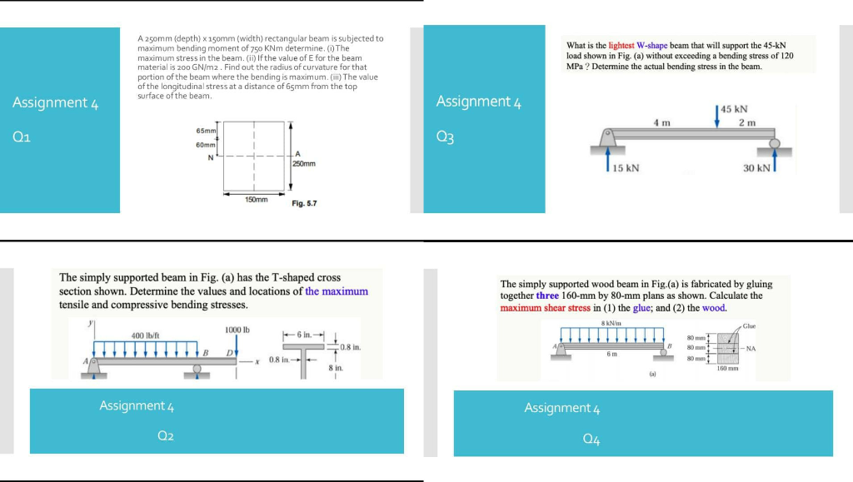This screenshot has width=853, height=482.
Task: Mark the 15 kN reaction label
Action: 626,168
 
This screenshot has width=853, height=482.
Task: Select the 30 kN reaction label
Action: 758,168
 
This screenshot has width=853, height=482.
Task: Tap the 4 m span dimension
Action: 662,123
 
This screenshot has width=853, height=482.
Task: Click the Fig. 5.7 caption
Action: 304,203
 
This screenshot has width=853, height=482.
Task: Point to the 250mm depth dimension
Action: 304,164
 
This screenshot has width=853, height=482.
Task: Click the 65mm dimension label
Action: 206,132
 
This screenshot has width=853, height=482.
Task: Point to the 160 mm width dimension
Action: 728,367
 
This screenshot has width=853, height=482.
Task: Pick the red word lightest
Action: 621,45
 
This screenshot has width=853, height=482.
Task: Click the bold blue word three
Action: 547,296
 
